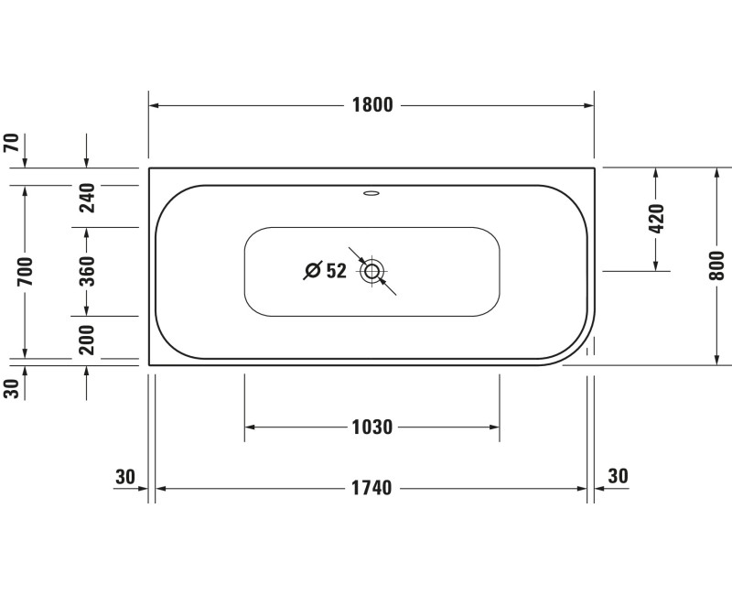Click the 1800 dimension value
pyautogui.click(x=371, y=105)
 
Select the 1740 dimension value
pyautogui.click(x=371, y=488)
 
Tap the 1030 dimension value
pyautogui.click(x=371, y=427)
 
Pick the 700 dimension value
pyautogui.click(x=25, y=272)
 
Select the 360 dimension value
pyautogui.click(x=87, y=272)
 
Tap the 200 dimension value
pyautogui.click(x=87, y=339)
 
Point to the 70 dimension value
pyautogui.click(x=12, y=143)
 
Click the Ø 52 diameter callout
pyautogui.click(x=325, y=271)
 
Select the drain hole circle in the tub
pyautogui.click(x=371, y=271)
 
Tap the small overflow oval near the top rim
pyautogui.click(x=371, y=193)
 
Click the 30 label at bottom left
pyautogui.click(x=125, y=476)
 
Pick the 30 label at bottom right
pyautogui.click(x=619, y=476)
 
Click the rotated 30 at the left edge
pyautogui.click(x=12, y=388)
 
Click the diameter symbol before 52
pyautogui.click(x=312, y=271)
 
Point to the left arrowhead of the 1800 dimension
pyautogui.click(x=155, y=106)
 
